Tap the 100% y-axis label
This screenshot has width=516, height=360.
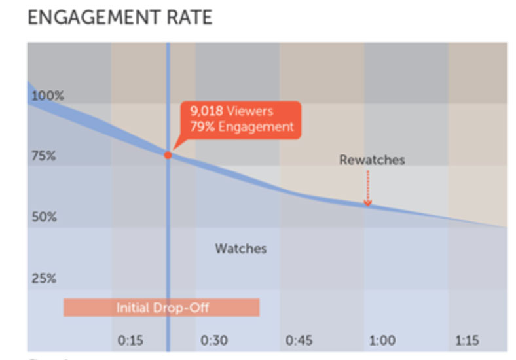[48, 96]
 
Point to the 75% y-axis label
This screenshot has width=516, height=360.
[45, 156]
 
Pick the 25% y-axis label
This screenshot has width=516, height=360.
[45, 278]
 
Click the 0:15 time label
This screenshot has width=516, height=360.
[130, 340]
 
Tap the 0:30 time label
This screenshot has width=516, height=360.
[214, 340]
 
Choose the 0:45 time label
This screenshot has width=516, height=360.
[299, 340]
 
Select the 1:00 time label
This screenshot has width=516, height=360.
[382, 340]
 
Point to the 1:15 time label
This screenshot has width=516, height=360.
[467, 340]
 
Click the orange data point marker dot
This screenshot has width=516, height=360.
[168, 155]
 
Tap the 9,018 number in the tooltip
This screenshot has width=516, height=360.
[206, 111]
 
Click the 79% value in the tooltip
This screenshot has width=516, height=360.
[202, 127]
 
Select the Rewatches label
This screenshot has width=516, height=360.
[372, 160]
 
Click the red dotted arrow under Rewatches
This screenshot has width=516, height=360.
[367, 189]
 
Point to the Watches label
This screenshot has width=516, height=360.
[240, 249]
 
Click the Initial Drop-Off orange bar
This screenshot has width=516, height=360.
[161, 307]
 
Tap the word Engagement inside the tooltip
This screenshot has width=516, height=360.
[256, 127]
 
